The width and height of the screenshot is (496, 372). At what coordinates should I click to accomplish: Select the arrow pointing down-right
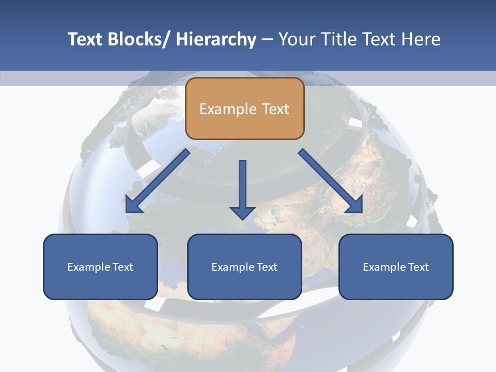[331, 181]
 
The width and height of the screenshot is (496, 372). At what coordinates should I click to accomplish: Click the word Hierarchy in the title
[215, 39]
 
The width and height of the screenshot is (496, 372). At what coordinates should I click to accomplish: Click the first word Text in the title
[86, 39]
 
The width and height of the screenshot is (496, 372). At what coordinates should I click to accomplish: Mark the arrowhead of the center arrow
[242, 213]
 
